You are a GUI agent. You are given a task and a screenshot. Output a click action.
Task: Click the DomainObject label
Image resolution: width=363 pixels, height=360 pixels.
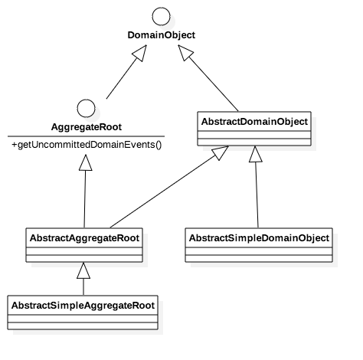click(162, 35)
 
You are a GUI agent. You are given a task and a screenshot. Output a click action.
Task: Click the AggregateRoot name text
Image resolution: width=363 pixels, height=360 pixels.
click(87, 127)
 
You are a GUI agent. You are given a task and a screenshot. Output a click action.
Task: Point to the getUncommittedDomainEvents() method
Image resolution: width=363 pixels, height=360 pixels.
click(87, 145)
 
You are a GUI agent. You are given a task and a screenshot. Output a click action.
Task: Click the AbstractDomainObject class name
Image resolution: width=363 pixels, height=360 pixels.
click(254, 122)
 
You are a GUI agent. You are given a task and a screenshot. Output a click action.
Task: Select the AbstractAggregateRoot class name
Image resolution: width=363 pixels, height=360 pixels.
click(84, 238)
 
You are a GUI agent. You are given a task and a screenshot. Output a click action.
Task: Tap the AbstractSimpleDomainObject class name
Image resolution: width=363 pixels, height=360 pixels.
click(259, 238)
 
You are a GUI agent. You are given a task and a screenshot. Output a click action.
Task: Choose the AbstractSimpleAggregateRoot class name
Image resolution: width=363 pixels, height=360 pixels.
click(83, 306)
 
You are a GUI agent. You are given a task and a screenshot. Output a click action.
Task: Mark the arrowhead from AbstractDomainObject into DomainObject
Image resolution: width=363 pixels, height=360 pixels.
click(185, 52)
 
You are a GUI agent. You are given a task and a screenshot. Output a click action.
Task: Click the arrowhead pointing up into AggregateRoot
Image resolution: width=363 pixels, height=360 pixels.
click(86, 162)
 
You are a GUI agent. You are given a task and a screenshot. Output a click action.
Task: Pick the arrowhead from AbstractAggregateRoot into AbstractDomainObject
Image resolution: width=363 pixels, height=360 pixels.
click(221, 152)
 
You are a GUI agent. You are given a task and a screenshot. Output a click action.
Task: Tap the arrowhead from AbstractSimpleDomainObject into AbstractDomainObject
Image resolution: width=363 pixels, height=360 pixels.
click(255, 154)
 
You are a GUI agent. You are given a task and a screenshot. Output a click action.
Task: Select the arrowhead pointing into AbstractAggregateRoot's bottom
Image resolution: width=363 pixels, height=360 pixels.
click(83, 270)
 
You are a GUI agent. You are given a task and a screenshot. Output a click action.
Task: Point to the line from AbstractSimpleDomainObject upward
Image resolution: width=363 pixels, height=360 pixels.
click(257, 195)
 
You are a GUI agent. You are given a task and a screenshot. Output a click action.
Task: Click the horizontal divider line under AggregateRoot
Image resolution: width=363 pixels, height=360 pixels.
click(86, 136)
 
